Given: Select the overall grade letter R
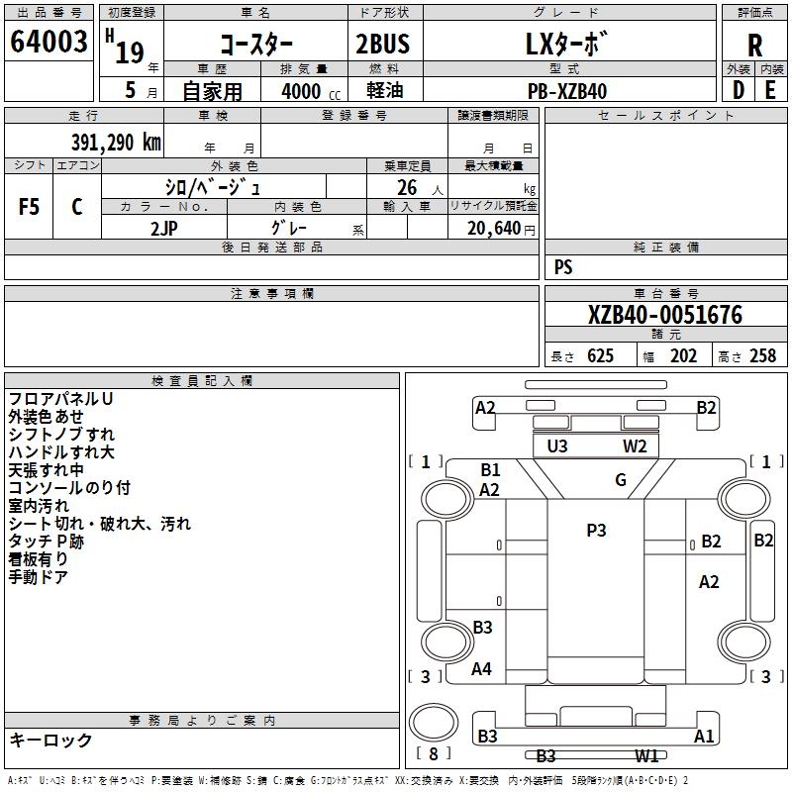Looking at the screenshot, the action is (754, 46).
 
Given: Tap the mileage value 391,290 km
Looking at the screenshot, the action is (116, 142).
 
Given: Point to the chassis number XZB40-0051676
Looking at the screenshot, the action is (664, 315).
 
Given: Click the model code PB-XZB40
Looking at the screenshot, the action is (567, 91).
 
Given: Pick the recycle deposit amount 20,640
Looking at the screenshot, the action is (491, 229).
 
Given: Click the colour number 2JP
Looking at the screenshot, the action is (165, 228).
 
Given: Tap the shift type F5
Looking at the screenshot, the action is (30, 207).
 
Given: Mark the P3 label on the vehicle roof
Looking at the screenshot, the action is (596, 530).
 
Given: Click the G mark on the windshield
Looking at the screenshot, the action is (621, 480).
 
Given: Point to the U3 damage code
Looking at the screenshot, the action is (557, 446).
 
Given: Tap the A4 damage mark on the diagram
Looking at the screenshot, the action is (481, 669).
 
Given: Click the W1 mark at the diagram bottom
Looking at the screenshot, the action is (647, 756).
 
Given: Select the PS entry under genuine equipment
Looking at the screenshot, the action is (563, 266).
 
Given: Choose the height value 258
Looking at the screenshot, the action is (762, 356).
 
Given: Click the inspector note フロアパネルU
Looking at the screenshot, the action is (60, 398).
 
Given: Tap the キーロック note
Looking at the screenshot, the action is (50, 740).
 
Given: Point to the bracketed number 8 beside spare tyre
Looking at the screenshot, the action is (433, 752).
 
